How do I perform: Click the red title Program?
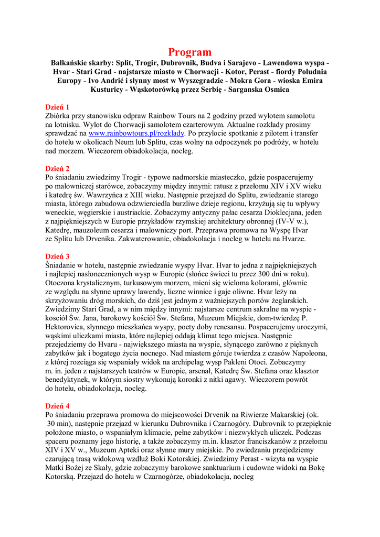coord(189,52)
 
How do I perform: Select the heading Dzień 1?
coord(58,106)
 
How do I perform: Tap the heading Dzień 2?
coord(58,168)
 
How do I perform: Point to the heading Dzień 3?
coord(58,256)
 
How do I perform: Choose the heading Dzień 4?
coord(58,406)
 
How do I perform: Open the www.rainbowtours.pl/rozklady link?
coord(136,133)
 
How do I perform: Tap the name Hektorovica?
coord(66,327)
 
